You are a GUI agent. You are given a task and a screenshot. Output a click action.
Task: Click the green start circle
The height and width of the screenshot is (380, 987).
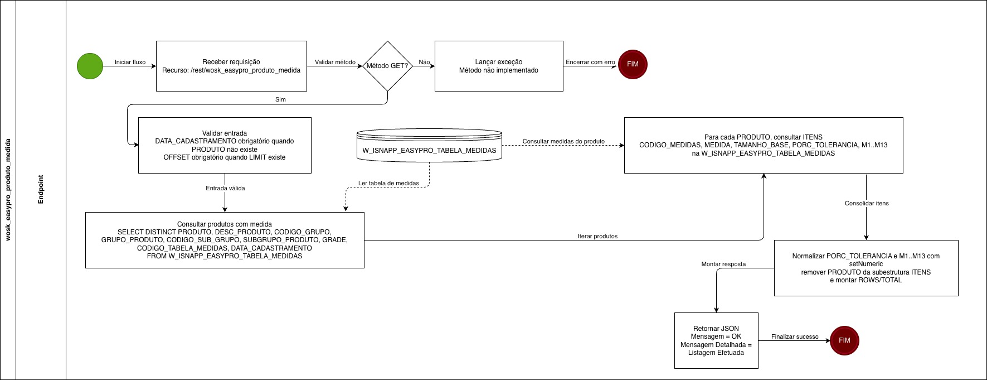90,66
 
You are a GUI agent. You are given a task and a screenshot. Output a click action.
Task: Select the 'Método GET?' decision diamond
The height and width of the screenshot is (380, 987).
387,66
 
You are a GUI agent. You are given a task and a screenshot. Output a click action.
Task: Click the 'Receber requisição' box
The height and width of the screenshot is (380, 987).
231,66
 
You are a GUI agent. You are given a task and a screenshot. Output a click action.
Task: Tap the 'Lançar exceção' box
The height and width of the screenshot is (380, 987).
499,66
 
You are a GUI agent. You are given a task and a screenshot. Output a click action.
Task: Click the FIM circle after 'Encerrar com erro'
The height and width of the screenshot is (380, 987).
633,64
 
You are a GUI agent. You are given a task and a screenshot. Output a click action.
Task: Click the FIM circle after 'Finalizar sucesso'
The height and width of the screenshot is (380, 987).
844,340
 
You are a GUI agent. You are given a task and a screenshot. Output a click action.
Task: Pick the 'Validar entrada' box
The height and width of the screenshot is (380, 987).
225,145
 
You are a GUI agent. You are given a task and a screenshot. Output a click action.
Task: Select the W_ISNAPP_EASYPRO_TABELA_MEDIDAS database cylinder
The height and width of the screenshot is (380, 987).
429,146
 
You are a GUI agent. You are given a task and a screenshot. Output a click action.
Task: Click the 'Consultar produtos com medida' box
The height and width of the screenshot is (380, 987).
225,240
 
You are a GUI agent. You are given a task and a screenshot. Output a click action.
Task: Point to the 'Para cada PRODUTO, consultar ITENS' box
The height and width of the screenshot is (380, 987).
764,145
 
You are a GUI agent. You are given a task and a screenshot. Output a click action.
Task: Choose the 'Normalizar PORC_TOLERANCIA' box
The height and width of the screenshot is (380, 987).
866,268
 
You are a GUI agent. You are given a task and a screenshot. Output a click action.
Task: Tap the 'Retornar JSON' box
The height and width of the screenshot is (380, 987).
716,340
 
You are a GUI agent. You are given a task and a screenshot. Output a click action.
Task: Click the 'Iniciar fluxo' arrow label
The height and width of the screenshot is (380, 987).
130,62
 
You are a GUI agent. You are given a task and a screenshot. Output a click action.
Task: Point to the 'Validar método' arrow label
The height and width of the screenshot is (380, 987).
335,62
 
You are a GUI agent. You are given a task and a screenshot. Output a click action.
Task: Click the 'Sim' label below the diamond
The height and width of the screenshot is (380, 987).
280,99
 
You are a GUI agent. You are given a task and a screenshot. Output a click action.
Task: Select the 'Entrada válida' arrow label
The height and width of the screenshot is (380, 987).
225,188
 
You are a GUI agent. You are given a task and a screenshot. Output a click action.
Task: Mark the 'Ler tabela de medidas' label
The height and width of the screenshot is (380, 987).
388,183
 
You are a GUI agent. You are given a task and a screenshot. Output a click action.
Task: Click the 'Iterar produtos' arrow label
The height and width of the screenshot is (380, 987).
597,236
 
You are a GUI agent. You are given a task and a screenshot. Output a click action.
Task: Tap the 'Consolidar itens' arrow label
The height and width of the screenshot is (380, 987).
867,203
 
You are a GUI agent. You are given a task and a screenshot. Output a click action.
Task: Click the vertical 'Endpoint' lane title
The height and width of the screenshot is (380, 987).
41,189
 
